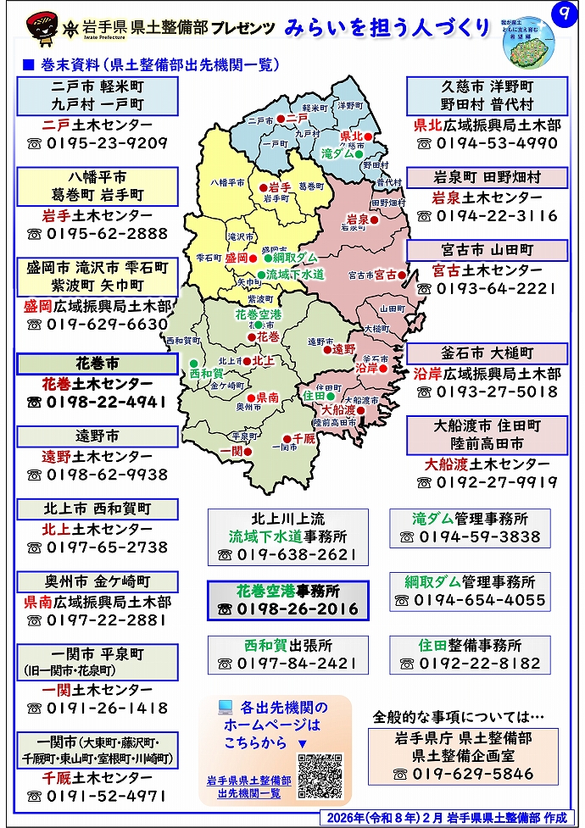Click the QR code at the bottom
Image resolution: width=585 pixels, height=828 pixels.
click(x=320, y=775)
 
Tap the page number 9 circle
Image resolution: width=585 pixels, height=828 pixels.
click(x=560, y=15)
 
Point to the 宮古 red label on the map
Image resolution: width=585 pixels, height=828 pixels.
click(x=386, y=275)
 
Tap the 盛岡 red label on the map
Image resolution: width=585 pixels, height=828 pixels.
click(x=237, y=257)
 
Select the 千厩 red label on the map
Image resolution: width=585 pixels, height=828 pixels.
click(x=304, y=438)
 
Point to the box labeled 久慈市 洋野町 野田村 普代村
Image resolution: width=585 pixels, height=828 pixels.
click(x=486, y=95)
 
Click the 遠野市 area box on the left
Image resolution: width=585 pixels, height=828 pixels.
click(x=97, y=436)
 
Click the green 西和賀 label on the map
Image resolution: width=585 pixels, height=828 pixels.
click(x=205, y=372)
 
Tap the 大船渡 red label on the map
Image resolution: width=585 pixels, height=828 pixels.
click(x=339, y=409)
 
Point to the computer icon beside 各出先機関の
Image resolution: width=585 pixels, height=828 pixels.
click(x=225, y=707)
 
